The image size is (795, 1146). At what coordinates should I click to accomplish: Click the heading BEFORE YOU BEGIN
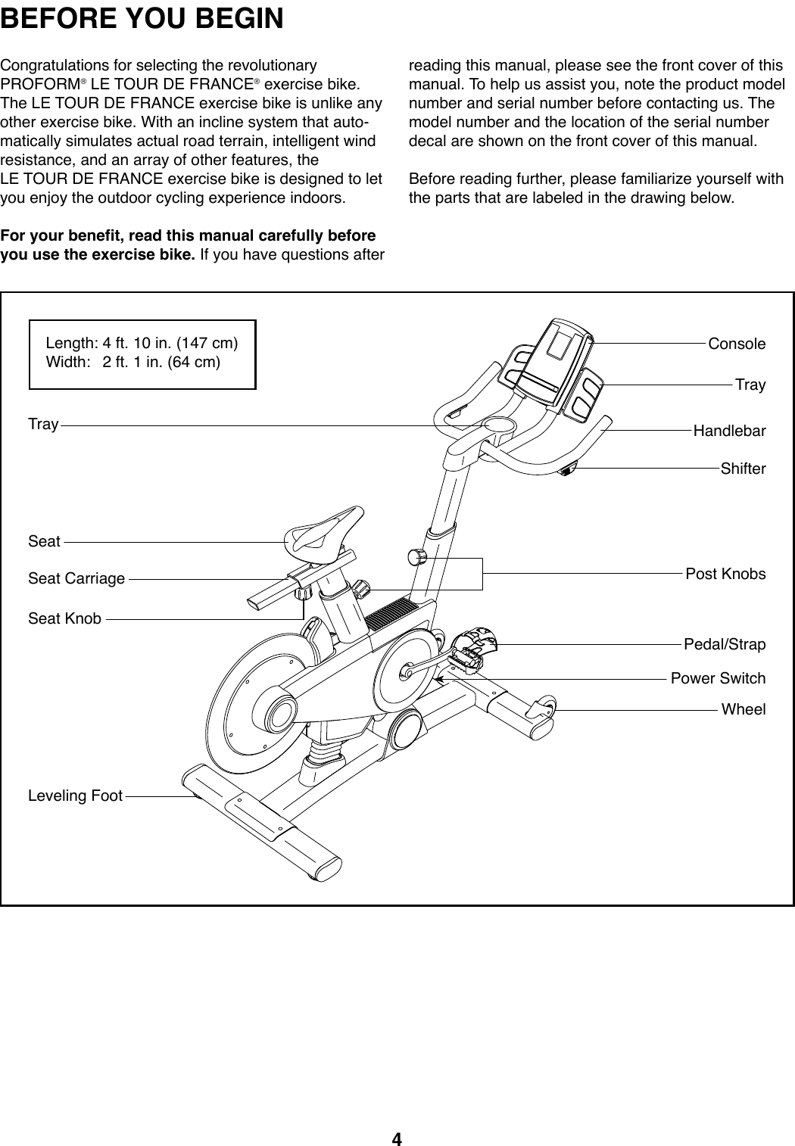click(x=142, y=18)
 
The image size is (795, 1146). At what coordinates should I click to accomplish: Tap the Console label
click(x=736, y=344)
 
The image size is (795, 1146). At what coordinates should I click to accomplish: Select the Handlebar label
click(x=729, y=431)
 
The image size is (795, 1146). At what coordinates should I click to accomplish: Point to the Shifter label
click(x=743, y=469)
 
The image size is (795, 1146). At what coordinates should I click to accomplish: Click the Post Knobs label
click(x=725, y=574)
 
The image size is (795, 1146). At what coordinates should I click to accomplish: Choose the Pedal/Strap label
click(x=724, y=644)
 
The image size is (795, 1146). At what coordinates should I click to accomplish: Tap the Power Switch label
click(x=718, y=678)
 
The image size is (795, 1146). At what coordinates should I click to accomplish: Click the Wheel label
click(x=743, y=709)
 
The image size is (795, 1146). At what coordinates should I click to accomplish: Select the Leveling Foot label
click(x=75, y=796)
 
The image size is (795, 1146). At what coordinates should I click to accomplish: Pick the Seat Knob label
click(x=64, y=618)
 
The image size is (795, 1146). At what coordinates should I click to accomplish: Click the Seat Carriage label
click(x=76, y=578)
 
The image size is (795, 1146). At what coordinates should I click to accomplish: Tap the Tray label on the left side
click(x=43, y=424)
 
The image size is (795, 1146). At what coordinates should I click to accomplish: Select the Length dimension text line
click(x=142, y=344)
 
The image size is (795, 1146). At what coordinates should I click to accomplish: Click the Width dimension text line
click(x=133, y=362)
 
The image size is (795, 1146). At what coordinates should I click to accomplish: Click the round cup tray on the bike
click(x=500, y=426)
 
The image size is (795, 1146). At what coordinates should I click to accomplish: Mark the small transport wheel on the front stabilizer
click(x=544, y=709)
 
